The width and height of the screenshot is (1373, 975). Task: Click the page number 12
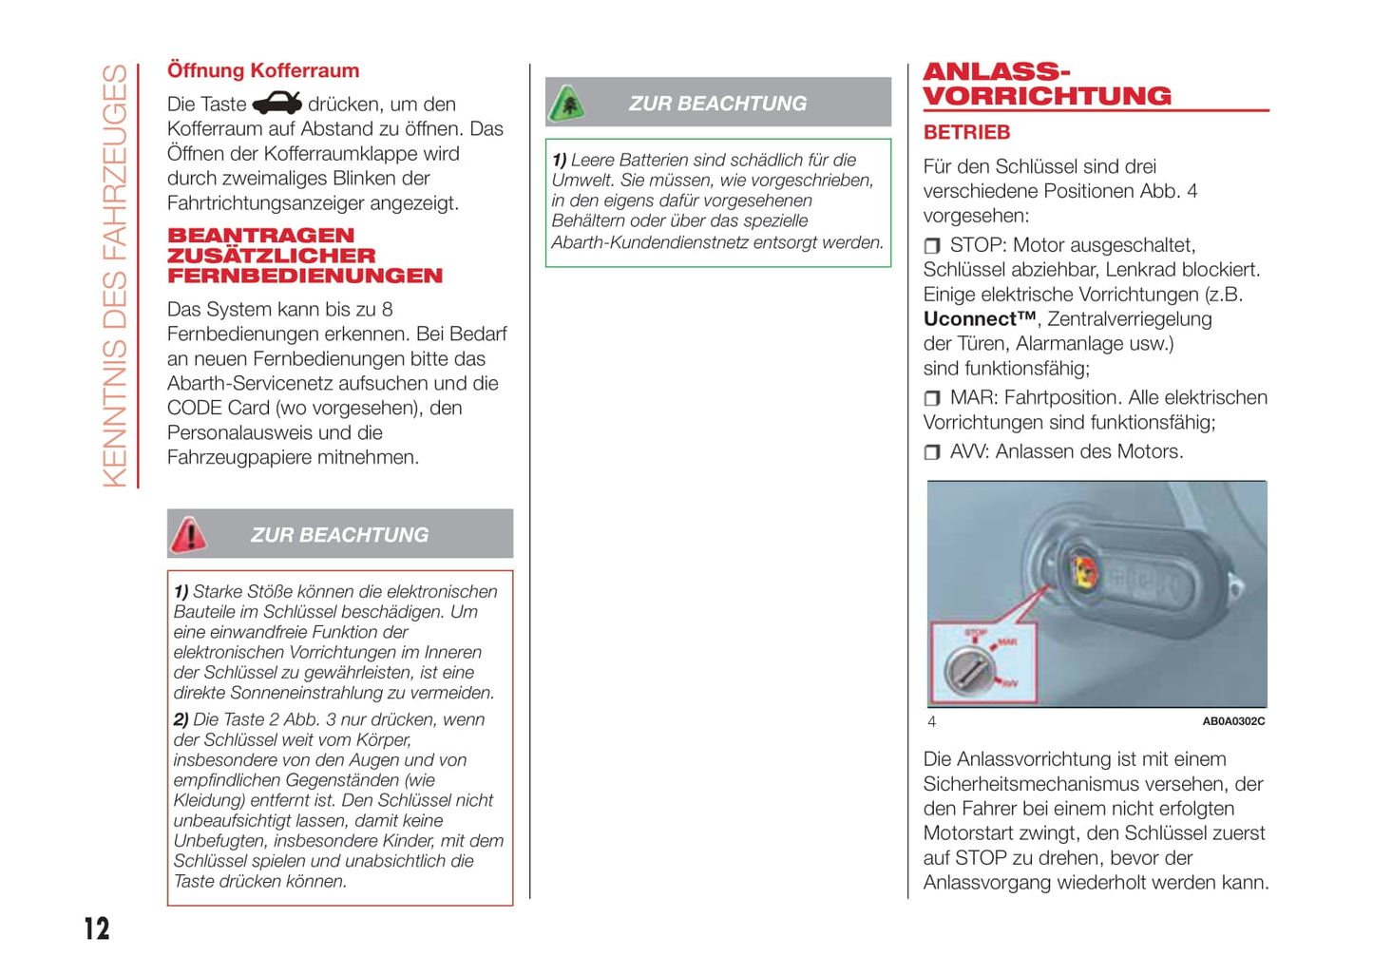(x=97, y=928)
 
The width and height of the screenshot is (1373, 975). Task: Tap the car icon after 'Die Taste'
(x=277, y=104)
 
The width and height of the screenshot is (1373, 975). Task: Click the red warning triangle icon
(x=188, y=535)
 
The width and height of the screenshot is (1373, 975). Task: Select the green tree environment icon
(x=567, y=104)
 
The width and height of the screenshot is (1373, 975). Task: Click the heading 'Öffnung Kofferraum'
(x=263, y=70)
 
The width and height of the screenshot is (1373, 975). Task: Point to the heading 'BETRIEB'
(x=966, y=133)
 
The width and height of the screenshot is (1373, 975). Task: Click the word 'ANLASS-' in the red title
(x=997, y=72)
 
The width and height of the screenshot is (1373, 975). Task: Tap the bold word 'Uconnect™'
(x=980, y=319)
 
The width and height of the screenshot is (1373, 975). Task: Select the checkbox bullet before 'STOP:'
(x=932, y=246)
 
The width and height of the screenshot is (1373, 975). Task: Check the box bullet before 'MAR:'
(x=932, y=398)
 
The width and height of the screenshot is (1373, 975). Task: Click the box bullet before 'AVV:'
(x=932, y=452)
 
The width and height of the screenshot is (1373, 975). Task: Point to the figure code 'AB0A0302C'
(x=1233, y=721)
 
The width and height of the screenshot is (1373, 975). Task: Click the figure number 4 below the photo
(x=932, y=722)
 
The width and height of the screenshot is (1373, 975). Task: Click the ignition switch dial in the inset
(x=969, y=670)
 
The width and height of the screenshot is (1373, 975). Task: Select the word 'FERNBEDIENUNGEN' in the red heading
(x=305, y=277)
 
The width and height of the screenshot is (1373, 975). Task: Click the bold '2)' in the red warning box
(x=181, y=720)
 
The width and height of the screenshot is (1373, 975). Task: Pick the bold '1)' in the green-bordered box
(x=559, y=161)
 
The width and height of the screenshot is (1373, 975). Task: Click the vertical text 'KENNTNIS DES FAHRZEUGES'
(x=115, y=276)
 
